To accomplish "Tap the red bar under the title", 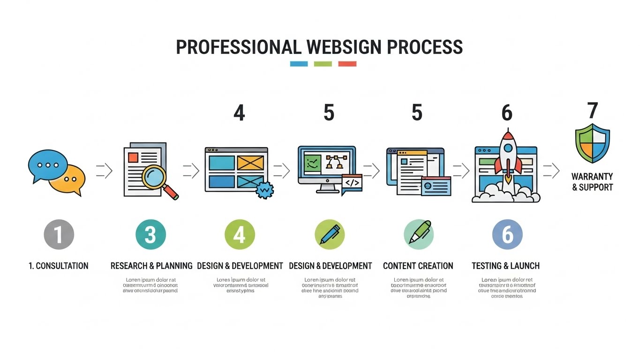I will [x=347, y=64].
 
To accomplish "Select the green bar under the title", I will [x=323, y=64].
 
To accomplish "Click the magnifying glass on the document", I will [x=156, y=178].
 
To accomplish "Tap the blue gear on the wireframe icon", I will [x=264, y=189].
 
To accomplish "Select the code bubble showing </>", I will [x=352, y=183].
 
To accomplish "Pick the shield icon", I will [x=592, y=143].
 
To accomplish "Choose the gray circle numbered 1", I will [x=59, y=234].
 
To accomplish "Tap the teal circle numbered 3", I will [x=151, y=234].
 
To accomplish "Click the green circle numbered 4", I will [x=240, y=234].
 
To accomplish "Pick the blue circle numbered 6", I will [x=507, y=234].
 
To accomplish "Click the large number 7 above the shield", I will [x=593, y=111].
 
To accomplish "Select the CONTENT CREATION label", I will [x=418, y=266].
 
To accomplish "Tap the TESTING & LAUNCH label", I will [x=505, y=266].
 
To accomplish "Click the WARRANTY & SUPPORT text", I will [x=592, y=182].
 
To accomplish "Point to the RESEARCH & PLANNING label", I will [x=151, y=266].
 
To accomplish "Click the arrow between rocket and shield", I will [x=551, y=171].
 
